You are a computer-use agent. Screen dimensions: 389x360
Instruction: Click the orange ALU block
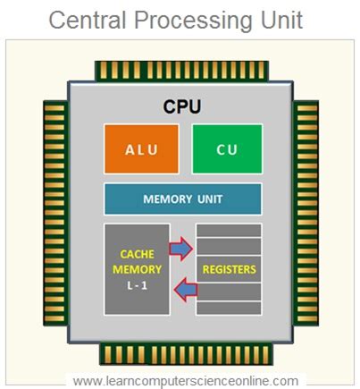pos(142,148)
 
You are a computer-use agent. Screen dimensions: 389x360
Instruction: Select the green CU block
pos(227,148)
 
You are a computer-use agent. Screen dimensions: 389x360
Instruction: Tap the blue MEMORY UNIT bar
pos(183,199)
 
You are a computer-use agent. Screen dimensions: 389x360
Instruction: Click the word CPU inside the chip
pos(182,106)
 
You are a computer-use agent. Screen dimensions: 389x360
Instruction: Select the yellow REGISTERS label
pos(229,269)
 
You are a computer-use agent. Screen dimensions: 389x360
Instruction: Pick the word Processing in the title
pos(191,20)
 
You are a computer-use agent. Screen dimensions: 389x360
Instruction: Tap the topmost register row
pos(229,230)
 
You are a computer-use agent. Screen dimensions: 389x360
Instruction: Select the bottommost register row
pos(229,308)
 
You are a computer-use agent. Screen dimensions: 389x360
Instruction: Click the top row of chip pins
pos(181,70)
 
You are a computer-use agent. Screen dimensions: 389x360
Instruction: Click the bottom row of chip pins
pos(181,351)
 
